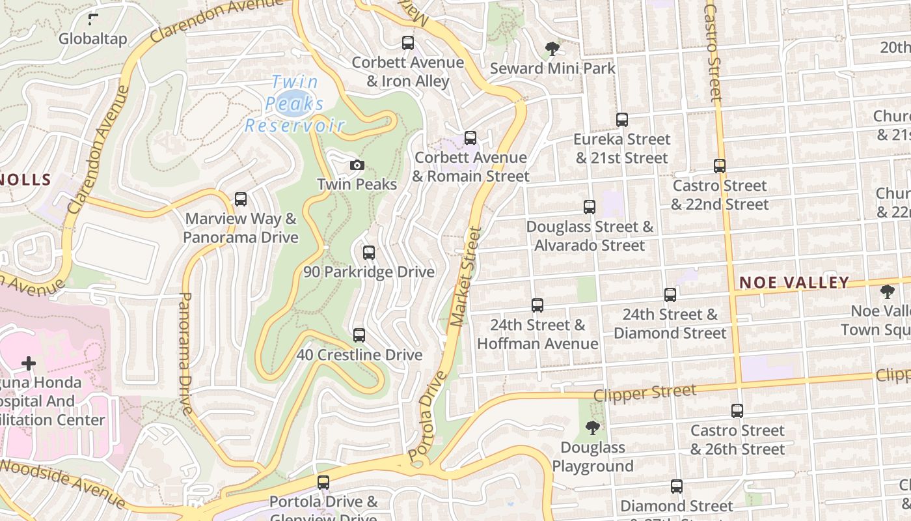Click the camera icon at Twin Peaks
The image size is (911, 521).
357,165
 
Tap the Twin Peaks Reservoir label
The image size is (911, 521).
295,104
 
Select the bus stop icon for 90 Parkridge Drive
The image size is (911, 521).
369,253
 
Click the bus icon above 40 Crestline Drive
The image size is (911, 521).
359,336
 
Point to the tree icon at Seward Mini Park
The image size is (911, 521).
552,49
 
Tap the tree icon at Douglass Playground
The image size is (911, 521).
592,428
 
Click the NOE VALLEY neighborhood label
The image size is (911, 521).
795,283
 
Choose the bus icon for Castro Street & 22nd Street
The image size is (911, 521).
719,166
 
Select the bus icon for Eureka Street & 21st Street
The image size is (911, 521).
621,120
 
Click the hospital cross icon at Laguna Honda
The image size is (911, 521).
29,363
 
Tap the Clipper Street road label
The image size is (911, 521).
645,393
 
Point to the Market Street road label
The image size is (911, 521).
467,277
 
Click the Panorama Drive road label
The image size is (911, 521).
186,353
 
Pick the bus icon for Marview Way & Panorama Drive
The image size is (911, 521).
241,199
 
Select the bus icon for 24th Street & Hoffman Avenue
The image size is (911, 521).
537,305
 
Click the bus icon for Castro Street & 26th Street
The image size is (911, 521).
737,411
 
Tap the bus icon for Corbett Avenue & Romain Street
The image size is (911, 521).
470,138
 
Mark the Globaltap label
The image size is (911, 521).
93,39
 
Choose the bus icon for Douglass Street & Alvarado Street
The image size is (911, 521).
590,207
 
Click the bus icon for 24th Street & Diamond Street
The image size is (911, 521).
670,295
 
